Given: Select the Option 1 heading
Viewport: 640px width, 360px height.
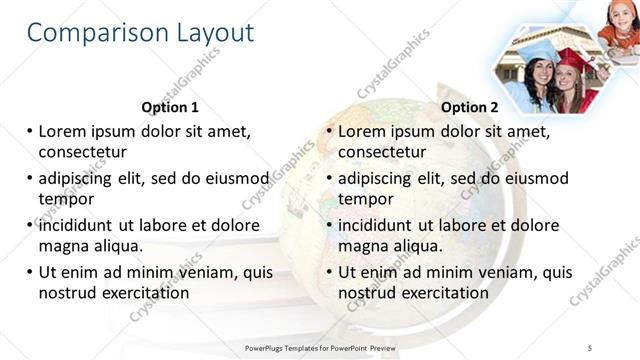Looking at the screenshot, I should pos(170,107).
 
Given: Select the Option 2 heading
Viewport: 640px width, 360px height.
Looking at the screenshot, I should pos(469,107).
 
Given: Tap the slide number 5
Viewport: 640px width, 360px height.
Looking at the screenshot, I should pos(590,346).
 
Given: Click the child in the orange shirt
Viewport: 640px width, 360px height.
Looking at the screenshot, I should pos(618,22).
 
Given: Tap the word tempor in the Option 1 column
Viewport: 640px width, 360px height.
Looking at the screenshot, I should pos(66,198).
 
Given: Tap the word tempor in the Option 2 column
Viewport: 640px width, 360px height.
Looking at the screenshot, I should pos(366,198).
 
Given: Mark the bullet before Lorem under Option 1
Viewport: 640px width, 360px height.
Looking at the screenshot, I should pos(30,131).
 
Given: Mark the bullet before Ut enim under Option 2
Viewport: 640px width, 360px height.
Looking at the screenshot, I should pos(329,272).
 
